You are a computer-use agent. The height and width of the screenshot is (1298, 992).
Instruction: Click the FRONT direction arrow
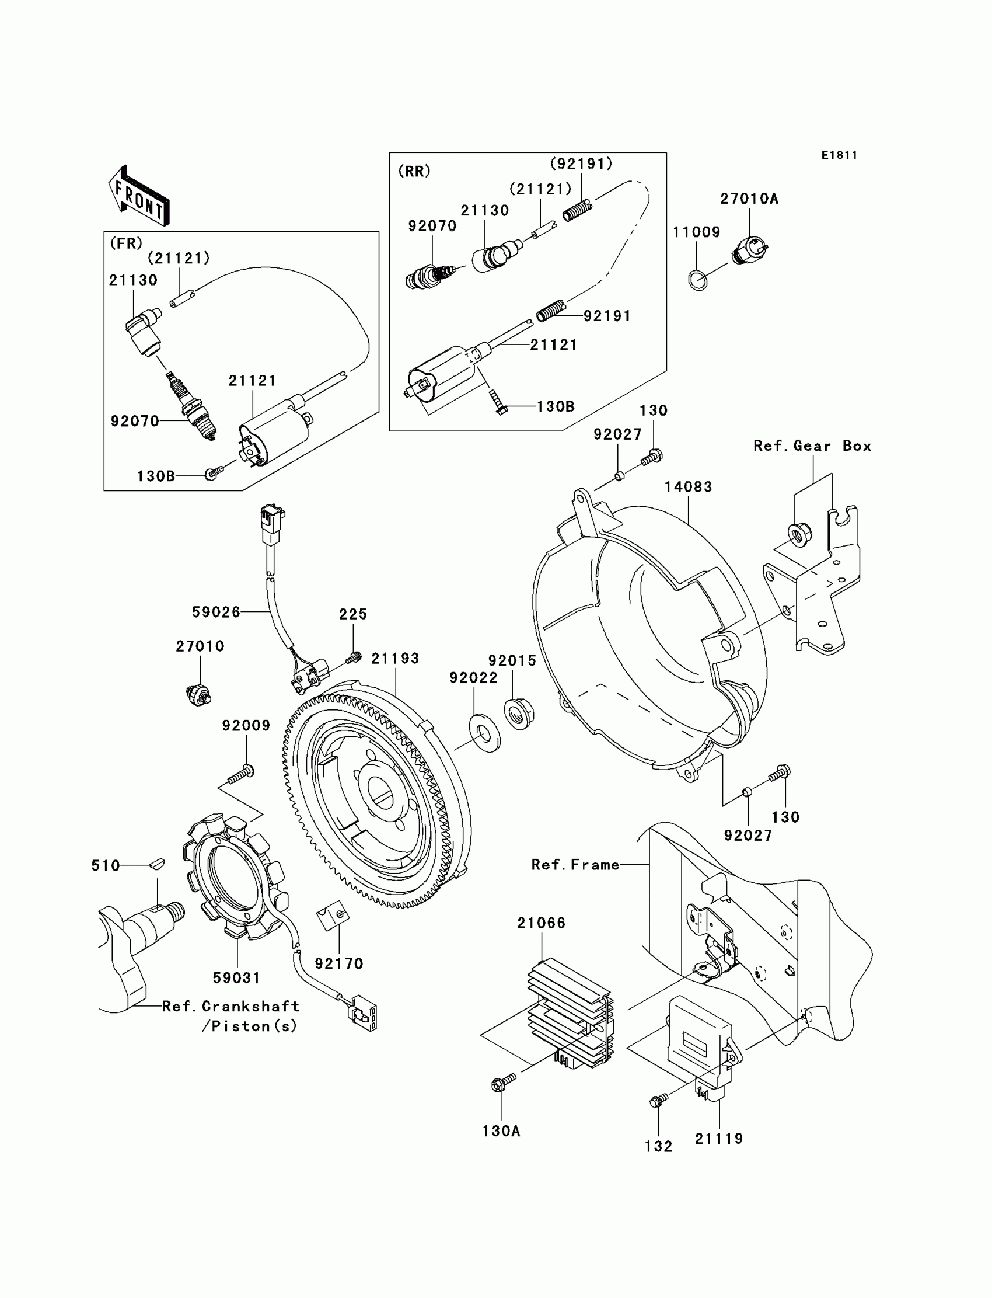coord(140,196)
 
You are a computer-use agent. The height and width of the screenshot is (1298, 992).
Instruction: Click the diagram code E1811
coord(839,155)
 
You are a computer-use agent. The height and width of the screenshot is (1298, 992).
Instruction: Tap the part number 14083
coord(688,487)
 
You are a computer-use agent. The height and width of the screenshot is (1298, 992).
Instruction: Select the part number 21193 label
coord(395,658)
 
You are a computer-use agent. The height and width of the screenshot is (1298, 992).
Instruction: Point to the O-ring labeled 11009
coord(698,280)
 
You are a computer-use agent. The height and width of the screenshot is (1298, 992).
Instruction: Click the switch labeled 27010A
coord(749,250)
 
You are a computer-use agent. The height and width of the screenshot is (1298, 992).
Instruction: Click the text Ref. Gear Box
coord(812,446)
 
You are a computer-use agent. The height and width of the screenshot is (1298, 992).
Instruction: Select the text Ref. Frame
coord(575,865)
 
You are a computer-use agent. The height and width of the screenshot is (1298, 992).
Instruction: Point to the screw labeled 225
coord(355,656)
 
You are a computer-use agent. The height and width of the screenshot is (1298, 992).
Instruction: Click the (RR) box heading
coord(414,171)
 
